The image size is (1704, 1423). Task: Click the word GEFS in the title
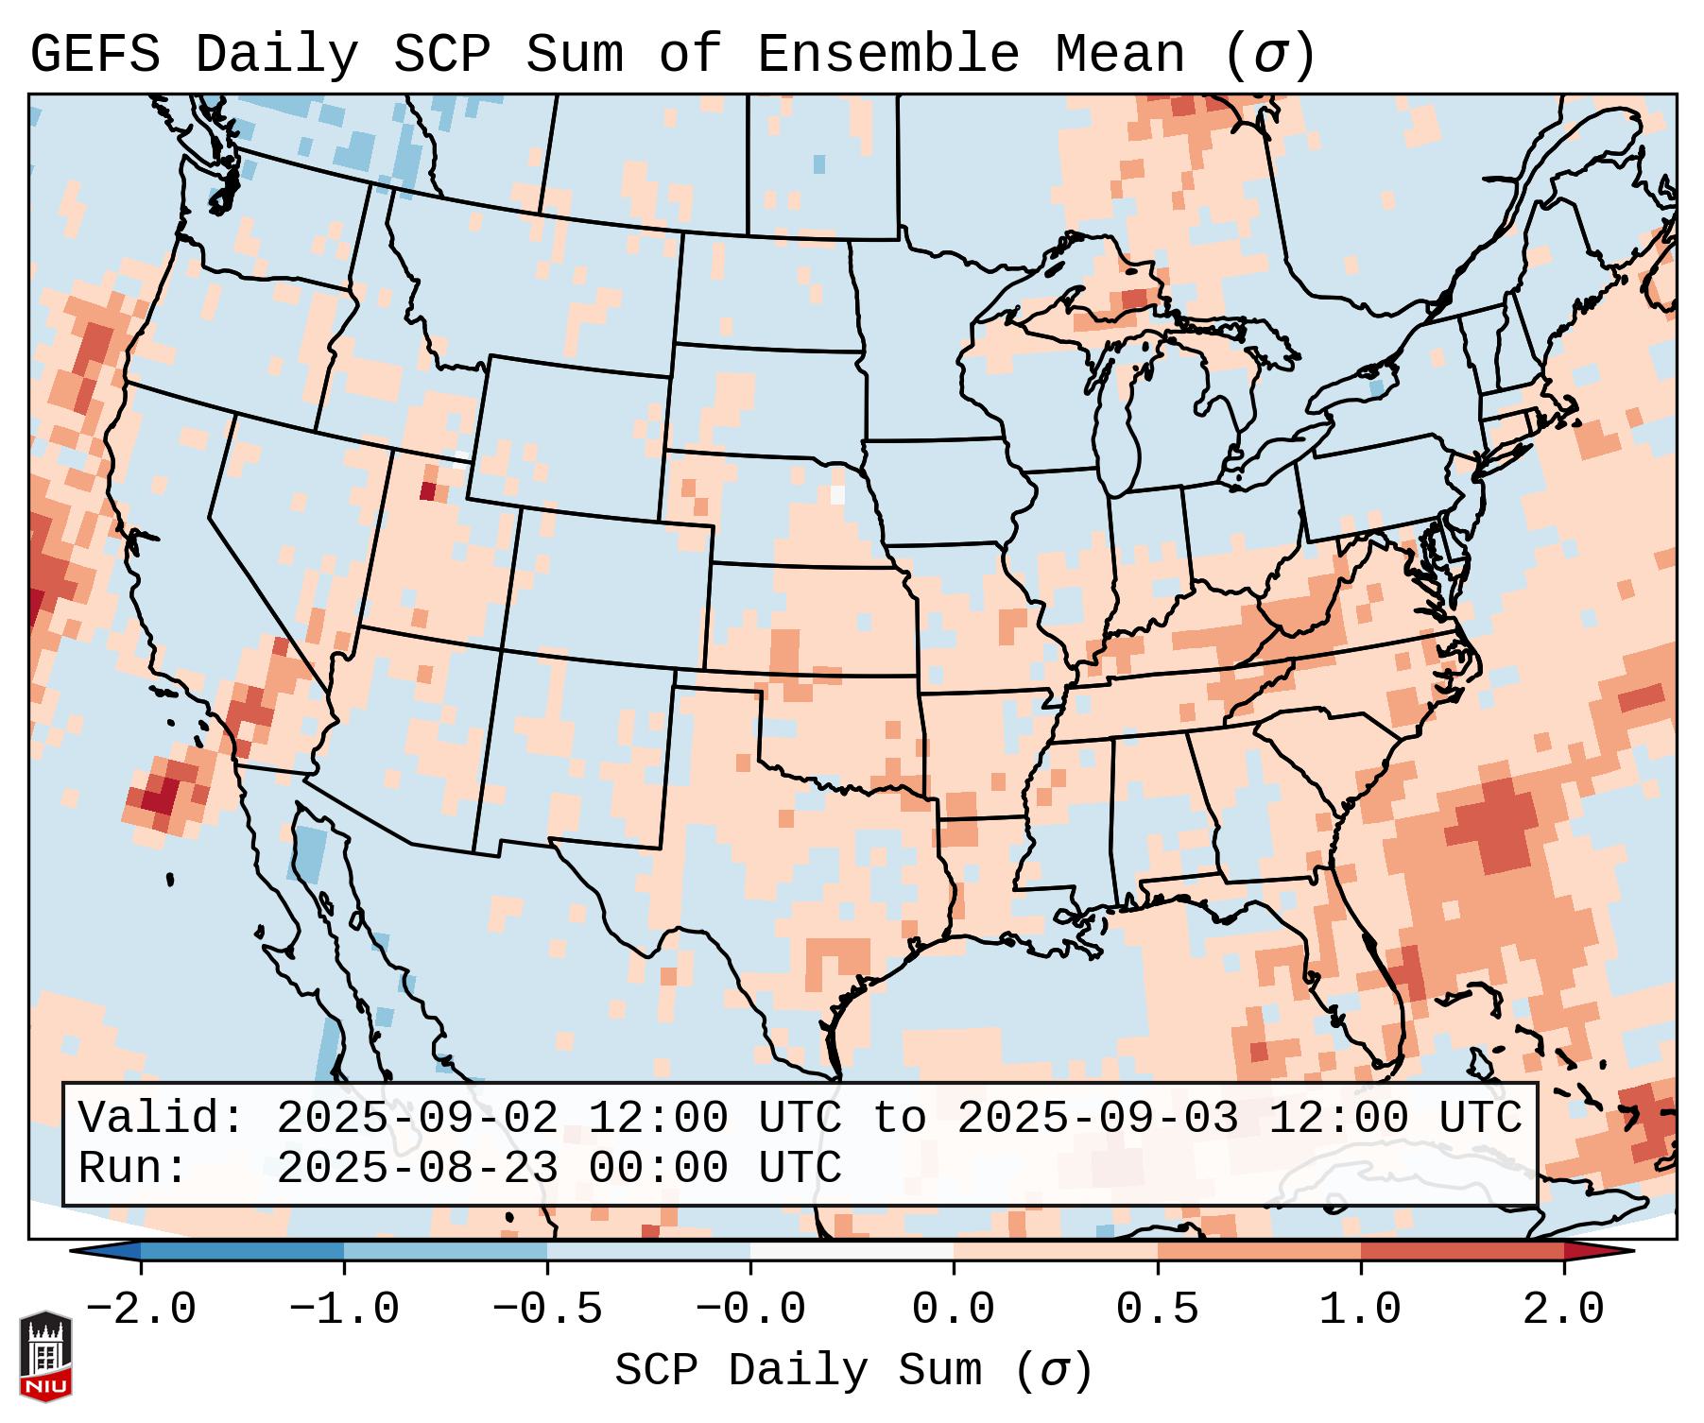(x=95, y=55)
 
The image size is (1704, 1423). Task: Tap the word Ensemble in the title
(x=887, y=55)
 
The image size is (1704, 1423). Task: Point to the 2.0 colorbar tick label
(x=1563, y=1310)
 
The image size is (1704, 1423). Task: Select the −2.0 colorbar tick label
(x=141, y=1310)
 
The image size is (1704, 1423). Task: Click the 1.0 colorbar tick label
(x=1360, y=1310)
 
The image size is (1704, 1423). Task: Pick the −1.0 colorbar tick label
(x=344, y=1310)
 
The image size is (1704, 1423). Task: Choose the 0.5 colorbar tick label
(x=1157, y=1310)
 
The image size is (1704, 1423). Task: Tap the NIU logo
(x=45, y=1356)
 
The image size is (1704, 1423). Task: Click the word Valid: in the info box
(x=161, y=1118)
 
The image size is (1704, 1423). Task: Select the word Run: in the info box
(x=132, y=1168)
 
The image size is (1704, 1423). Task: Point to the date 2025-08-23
(x=417, y=1168)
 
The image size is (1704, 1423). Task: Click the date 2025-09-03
(x=1097, y=1118)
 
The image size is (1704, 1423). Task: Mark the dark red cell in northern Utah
(x=427, y=490)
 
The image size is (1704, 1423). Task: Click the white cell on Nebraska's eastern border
(x=837, y=493)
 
